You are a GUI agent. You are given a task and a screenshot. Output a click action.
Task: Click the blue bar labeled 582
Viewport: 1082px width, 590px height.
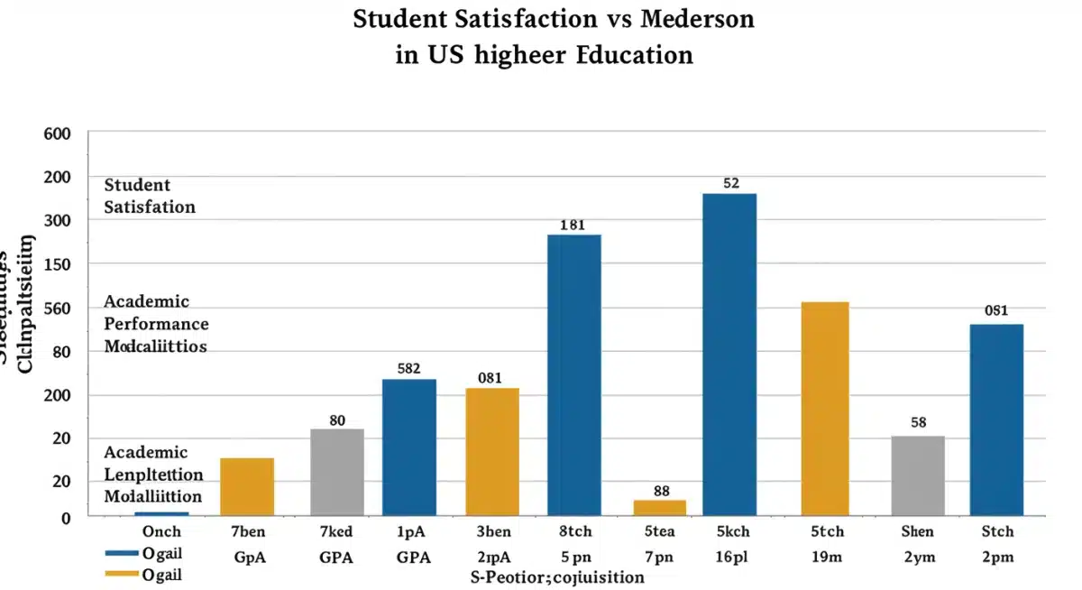409,447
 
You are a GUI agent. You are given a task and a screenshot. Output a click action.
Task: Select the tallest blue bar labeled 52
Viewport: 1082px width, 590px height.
729,354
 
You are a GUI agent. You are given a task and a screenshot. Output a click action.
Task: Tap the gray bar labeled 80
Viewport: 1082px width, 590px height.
337,471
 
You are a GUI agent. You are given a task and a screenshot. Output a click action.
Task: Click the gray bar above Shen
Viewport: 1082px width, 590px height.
918,475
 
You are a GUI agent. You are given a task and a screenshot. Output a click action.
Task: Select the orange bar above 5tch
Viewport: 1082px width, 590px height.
822,408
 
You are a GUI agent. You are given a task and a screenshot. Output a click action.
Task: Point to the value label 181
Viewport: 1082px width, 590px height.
573,226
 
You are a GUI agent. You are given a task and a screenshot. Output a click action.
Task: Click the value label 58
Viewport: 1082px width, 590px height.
918,422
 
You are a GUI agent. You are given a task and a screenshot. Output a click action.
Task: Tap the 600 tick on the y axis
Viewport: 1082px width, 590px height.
57,134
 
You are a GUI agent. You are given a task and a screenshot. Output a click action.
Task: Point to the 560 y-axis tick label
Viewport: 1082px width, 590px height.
57,309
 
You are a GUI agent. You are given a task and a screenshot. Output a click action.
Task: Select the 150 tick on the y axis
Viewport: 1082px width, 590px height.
57,264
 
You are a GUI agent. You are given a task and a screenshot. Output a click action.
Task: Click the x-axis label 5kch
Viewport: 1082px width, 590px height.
730,531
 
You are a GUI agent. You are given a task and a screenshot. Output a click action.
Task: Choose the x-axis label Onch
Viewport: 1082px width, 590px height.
162,531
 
